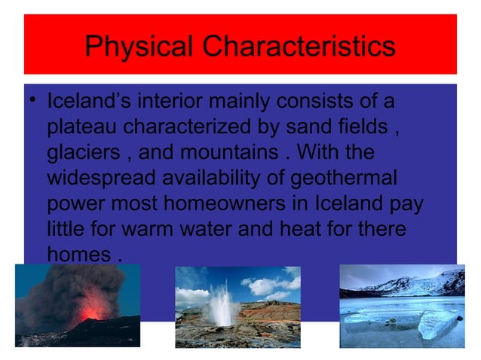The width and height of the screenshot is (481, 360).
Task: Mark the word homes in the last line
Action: tap(78, 255)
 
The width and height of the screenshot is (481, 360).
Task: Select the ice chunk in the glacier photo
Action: tap(437, 324)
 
